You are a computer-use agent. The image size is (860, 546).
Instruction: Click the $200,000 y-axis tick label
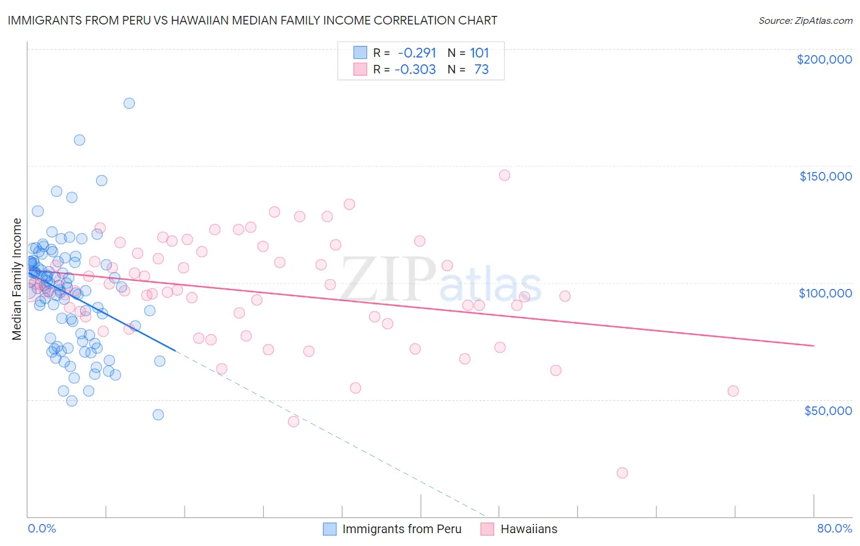824,59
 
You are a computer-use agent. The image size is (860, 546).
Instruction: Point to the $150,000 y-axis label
825,176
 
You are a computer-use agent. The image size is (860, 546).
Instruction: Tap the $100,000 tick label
825,293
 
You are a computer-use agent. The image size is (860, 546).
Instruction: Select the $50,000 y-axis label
828,410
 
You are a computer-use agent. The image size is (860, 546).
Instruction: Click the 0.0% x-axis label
42,528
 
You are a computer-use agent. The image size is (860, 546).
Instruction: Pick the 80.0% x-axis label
834,528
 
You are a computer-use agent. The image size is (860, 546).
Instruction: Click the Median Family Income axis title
17,279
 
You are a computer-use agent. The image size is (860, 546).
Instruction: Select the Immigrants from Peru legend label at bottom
401,529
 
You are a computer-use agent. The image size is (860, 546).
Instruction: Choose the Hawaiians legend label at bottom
528,529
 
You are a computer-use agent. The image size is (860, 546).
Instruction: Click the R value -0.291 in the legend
417,53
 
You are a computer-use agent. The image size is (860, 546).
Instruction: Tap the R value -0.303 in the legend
415,70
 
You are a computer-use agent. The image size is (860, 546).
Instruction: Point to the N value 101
480,53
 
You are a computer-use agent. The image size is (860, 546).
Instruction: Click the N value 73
481,70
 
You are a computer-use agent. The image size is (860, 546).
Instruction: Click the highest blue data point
129,103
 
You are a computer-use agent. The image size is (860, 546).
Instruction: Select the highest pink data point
505,175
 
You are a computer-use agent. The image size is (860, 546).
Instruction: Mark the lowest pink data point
622,473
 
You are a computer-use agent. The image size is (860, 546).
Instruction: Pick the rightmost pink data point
733,391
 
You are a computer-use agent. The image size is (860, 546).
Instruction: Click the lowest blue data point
158,414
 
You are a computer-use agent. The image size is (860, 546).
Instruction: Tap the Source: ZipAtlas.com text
805,21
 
